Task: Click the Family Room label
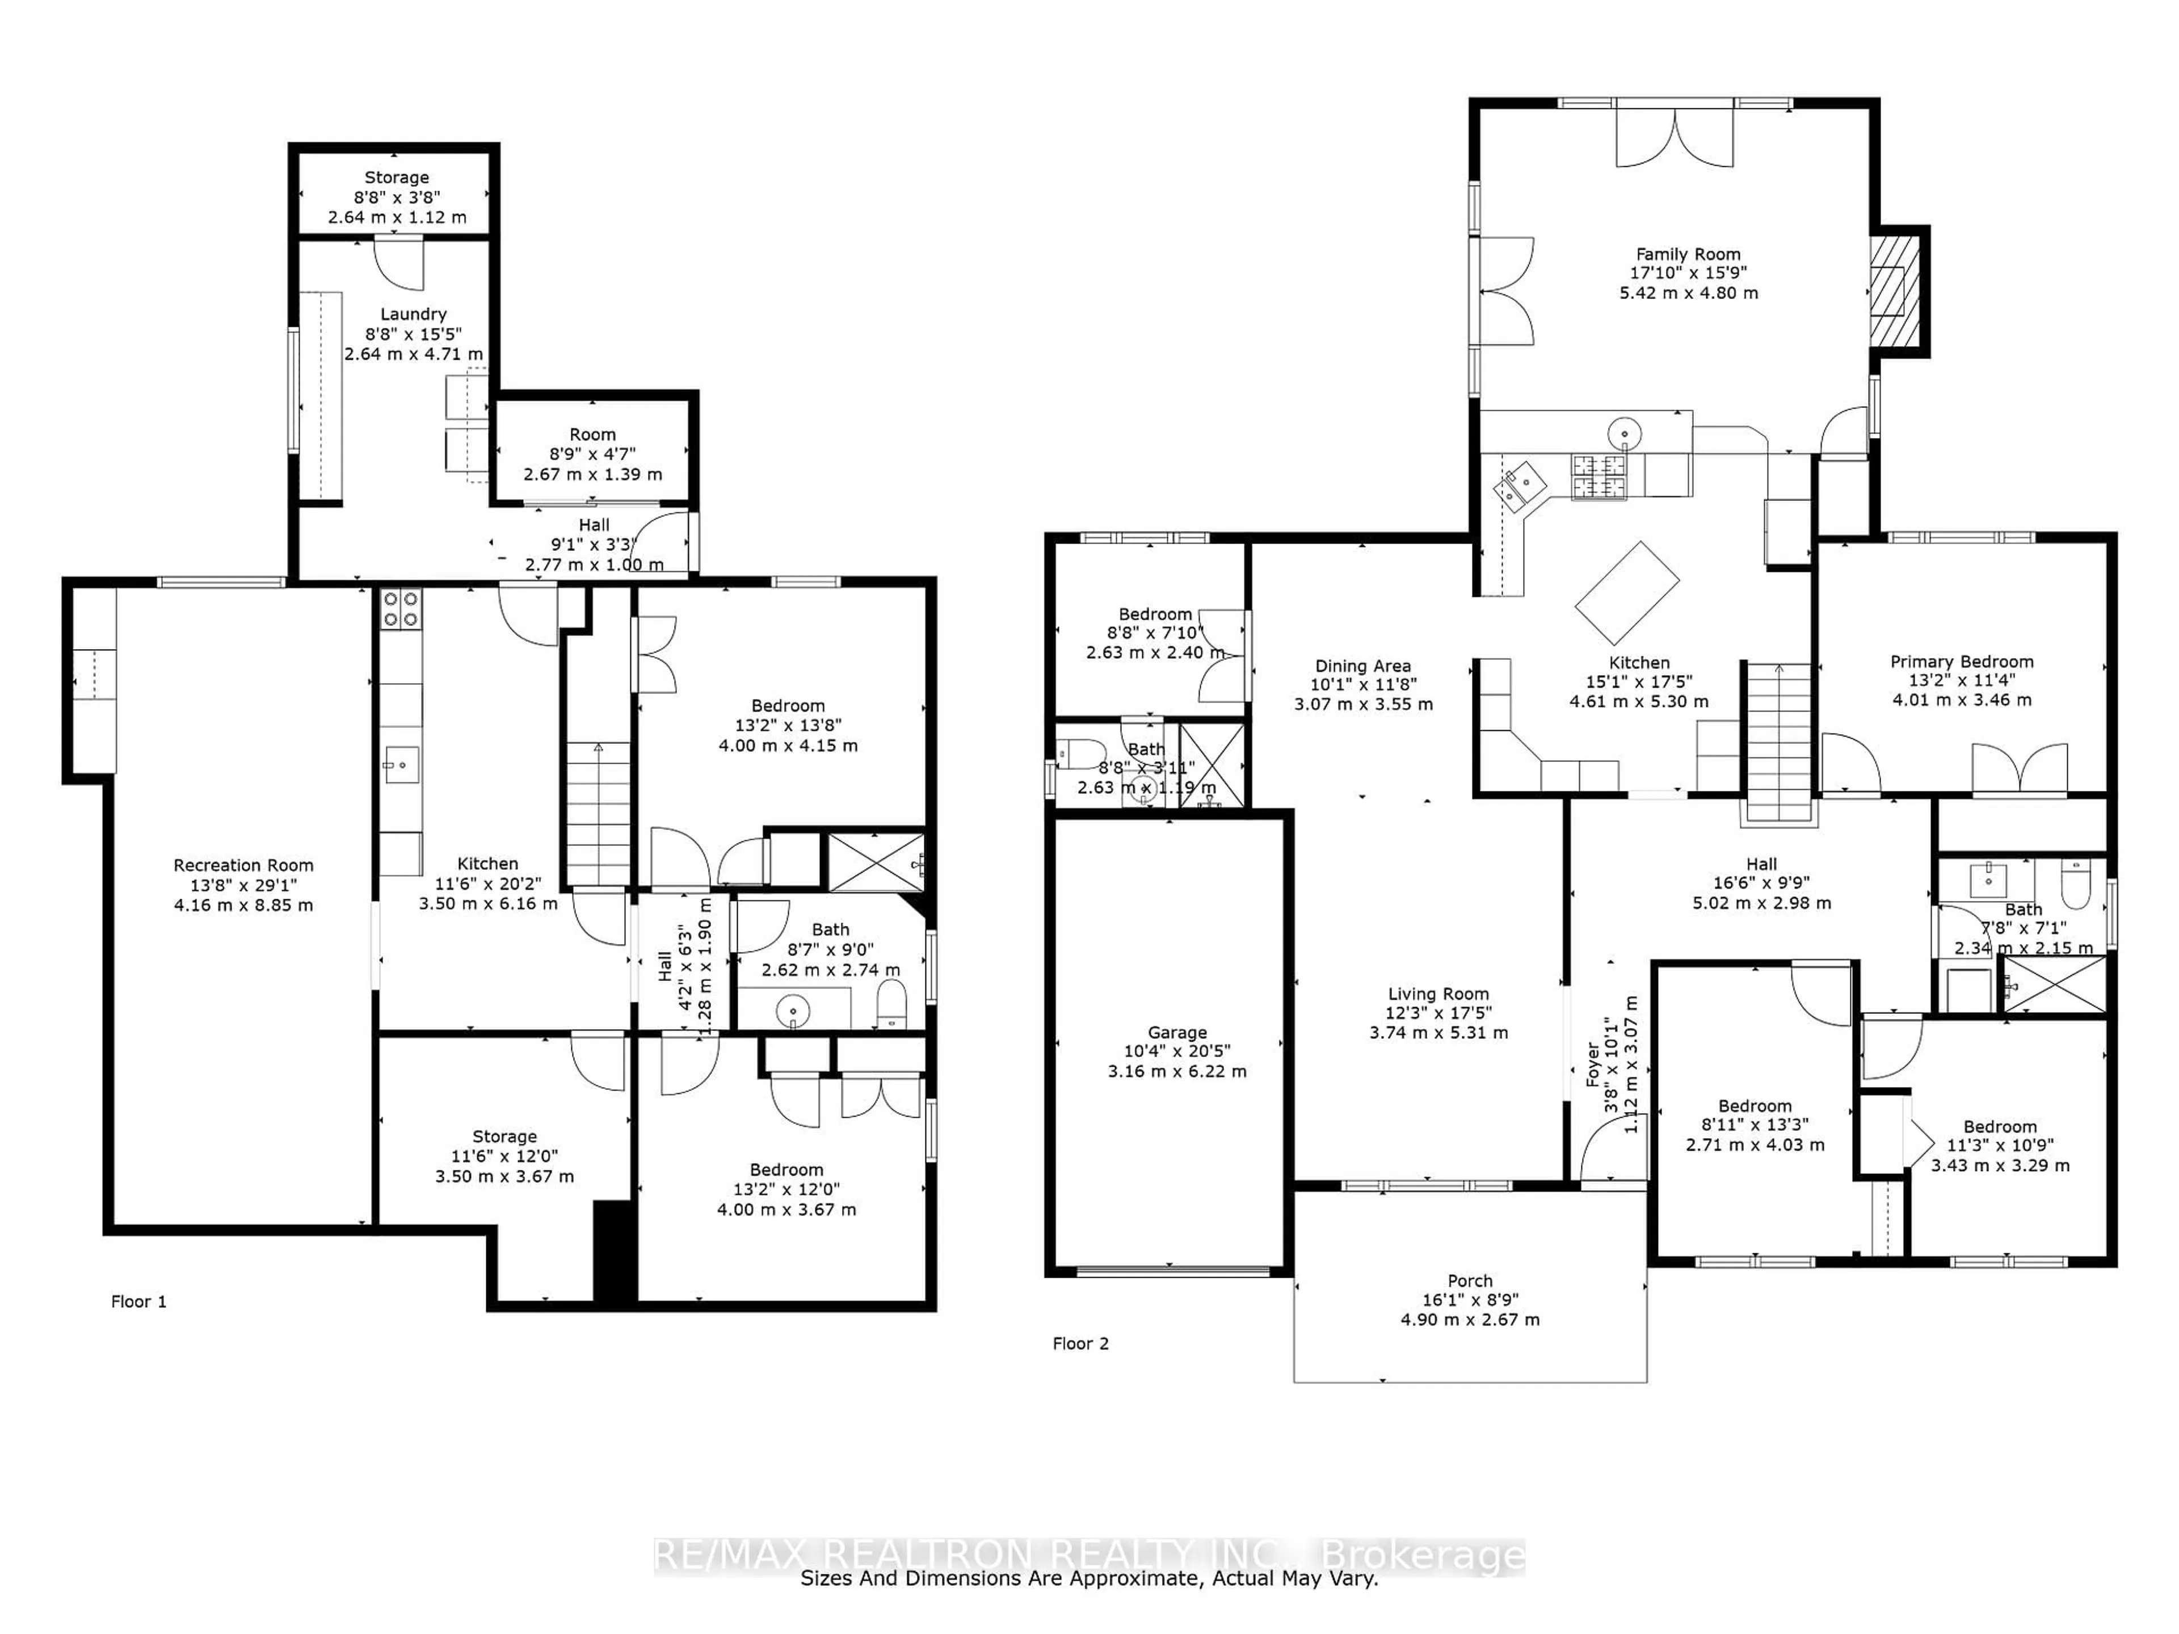[x=1688, y=254]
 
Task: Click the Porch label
[x=1470, y=1281]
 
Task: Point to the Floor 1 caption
[x=139, y=1301]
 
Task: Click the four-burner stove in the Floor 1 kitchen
[x=401, y=608]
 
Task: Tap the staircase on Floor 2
[x=1778, y=739]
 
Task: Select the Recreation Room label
[x=243, y=865]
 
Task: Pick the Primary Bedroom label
[x=1961, y=661]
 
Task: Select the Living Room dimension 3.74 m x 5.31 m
[x=1438, y=1032]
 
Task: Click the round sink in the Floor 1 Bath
[x=793, y=1009]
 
